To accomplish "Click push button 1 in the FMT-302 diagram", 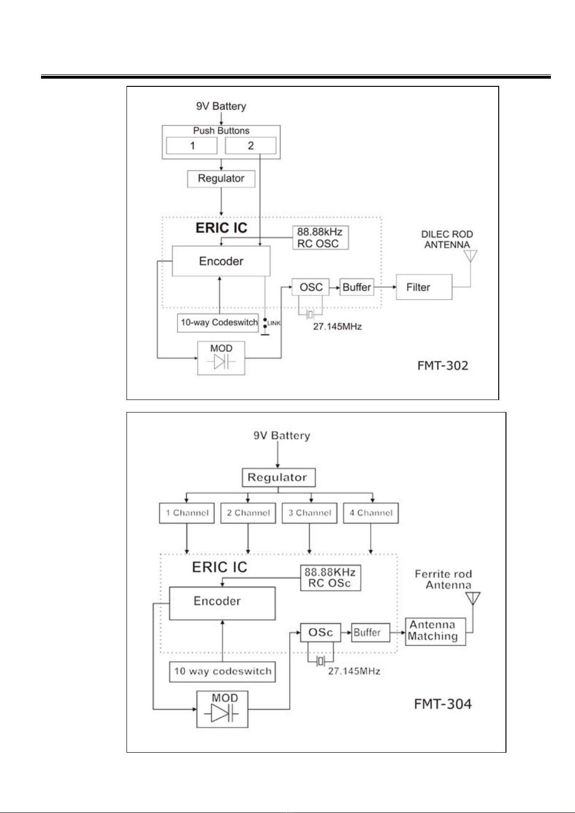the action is coord(191,146).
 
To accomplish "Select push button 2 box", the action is coord(250,146).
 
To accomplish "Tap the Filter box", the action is coord(424,287).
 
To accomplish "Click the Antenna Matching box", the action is coord(435,632).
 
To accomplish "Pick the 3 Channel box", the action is coord(309,513).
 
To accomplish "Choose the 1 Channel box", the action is coord(187,513).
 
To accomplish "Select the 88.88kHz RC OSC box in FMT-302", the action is coord(321,238).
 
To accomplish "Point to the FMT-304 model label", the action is coord(443,704).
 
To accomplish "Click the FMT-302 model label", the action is coord(443,365).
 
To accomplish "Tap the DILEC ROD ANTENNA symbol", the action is coord(470,256).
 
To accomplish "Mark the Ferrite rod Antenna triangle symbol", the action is coord(473,598).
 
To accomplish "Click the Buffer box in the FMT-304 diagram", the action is coord(370,633).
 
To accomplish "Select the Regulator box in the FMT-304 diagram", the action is coord(279,477).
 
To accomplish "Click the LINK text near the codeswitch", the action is coord(274,323).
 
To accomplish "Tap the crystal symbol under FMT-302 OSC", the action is coord(310,314).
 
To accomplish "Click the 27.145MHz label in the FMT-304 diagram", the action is coord(354,671).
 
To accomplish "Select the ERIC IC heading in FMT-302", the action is coord(222,228).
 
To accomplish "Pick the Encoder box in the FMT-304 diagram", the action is coord(222,603).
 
